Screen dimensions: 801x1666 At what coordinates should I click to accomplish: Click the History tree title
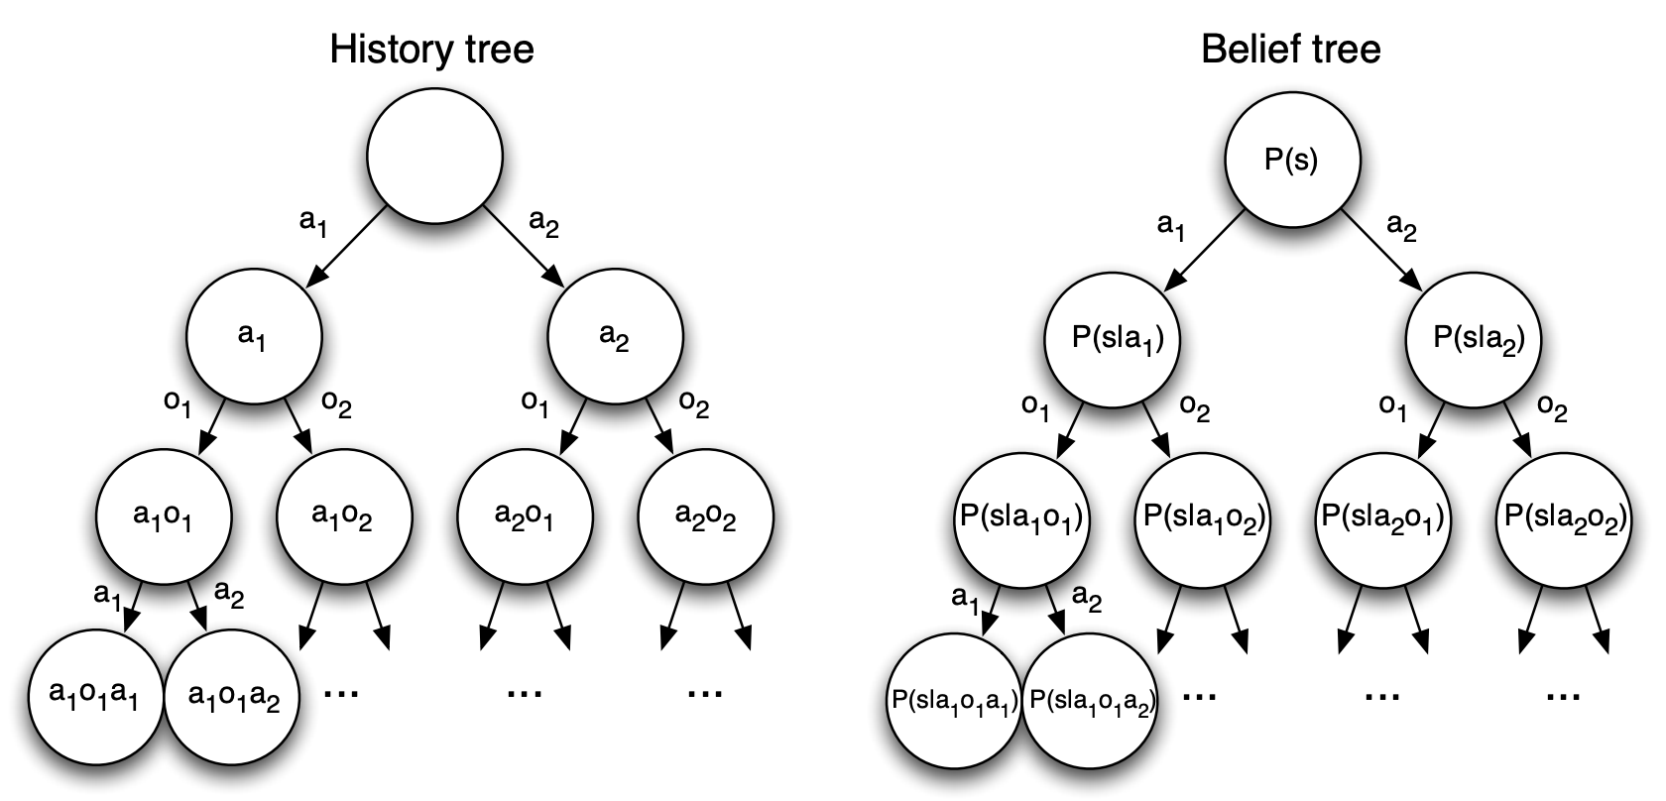431,49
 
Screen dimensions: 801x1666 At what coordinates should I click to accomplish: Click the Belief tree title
1290,49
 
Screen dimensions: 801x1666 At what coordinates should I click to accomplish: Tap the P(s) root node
1291,159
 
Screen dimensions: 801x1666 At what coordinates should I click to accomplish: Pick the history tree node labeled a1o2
342,515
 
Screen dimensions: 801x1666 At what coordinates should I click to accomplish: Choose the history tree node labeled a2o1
524,515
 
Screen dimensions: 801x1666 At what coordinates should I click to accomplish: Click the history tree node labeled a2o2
705,515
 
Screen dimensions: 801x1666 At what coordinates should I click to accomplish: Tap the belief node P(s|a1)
1111,338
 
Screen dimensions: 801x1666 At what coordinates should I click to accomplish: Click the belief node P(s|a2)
1473,338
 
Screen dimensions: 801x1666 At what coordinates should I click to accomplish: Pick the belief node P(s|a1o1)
1021,517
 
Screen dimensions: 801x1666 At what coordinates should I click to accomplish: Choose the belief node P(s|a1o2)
1202,517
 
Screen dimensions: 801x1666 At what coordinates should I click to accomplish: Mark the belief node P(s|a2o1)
1382,517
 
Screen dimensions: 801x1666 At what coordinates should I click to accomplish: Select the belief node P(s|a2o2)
1564,517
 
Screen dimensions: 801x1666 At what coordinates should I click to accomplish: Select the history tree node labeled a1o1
164,515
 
